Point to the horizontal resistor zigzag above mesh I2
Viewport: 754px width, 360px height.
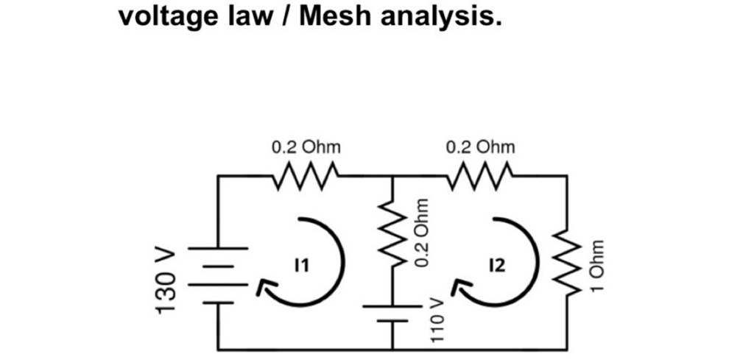pos(480,176)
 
